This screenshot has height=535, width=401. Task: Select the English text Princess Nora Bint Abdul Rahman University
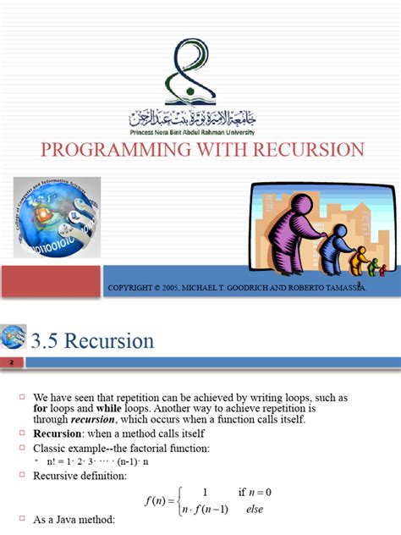pyautogui.click(x=200, y=133)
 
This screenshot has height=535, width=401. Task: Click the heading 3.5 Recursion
pyautogui.click(x=92, y=341)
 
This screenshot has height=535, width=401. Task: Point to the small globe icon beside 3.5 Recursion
pyautogui.click(x=14, y=338)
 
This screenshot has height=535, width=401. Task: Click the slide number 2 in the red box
pyautogui.click(x=12, y=362)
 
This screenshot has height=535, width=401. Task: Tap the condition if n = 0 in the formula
pyautogui.click(x=254, y=493)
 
